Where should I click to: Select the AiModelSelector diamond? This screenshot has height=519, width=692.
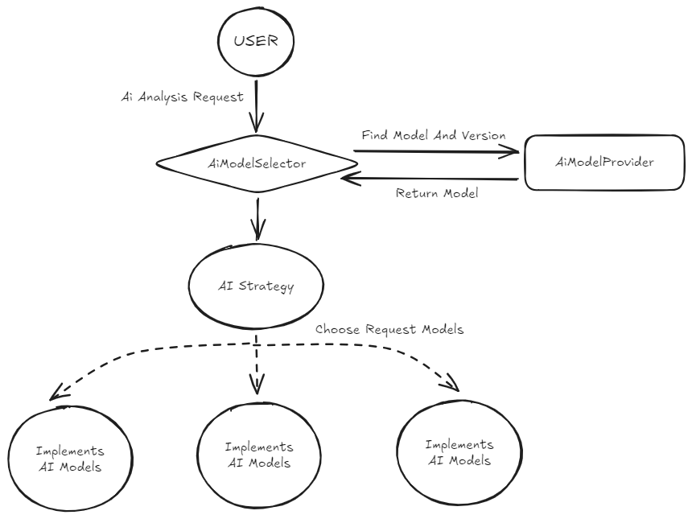[256, 164]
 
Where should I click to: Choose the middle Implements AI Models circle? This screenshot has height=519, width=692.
[257, 455]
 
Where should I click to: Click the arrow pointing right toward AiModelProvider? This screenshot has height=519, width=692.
[435, 149]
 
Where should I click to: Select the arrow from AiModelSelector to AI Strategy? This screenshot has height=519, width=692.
[257, 217]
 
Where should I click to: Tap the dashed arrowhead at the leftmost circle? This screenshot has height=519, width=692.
[55, 395]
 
